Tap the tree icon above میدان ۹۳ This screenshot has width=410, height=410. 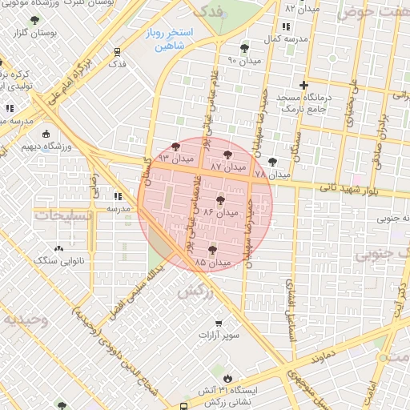point(175,147)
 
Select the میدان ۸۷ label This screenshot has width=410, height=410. point(227,167)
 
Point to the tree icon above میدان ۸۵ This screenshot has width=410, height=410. point(211,250)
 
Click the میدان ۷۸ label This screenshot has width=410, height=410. point(271,174)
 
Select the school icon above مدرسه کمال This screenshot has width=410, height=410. point(286,27)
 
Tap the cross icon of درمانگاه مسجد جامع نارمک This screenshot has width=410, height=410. point(303,85)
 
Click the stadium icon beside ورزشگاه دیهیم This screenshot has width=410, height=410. point(46,134)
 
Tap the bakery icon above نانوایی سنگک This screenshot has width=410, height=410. point(59,248)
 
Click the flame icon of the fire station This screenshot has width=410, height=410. point(229,377)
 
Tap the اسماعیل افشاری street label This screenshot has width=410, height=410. point(291,305)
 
